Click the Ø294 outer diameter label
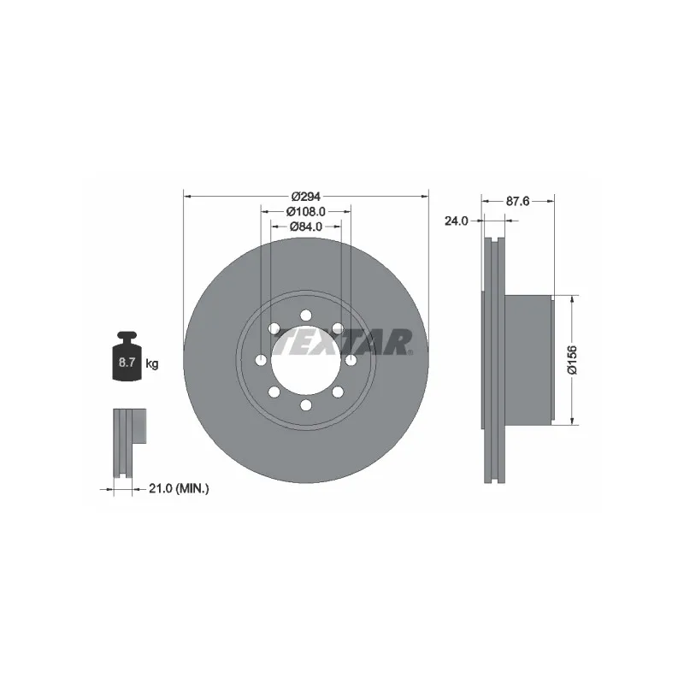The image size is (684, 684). coord(306,197)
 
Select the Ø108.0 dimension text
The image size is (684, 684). coord(306,211)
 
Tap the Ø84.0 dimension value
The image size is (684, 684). coord(306,227)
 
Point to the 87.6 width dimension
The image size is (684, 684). coord(517,201)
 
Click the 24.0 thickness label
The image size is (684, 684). coord(456,221)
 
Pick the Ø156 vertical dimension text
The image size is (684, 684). coord(572,360)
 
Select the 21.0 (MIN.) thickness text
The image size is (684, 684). coord(179,488)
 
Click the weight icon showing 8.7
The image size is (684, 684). coord(127,356)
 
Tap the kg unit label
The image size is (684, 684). coord(152,363)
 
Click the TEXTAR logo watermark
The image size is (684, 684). coord(345,343)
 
